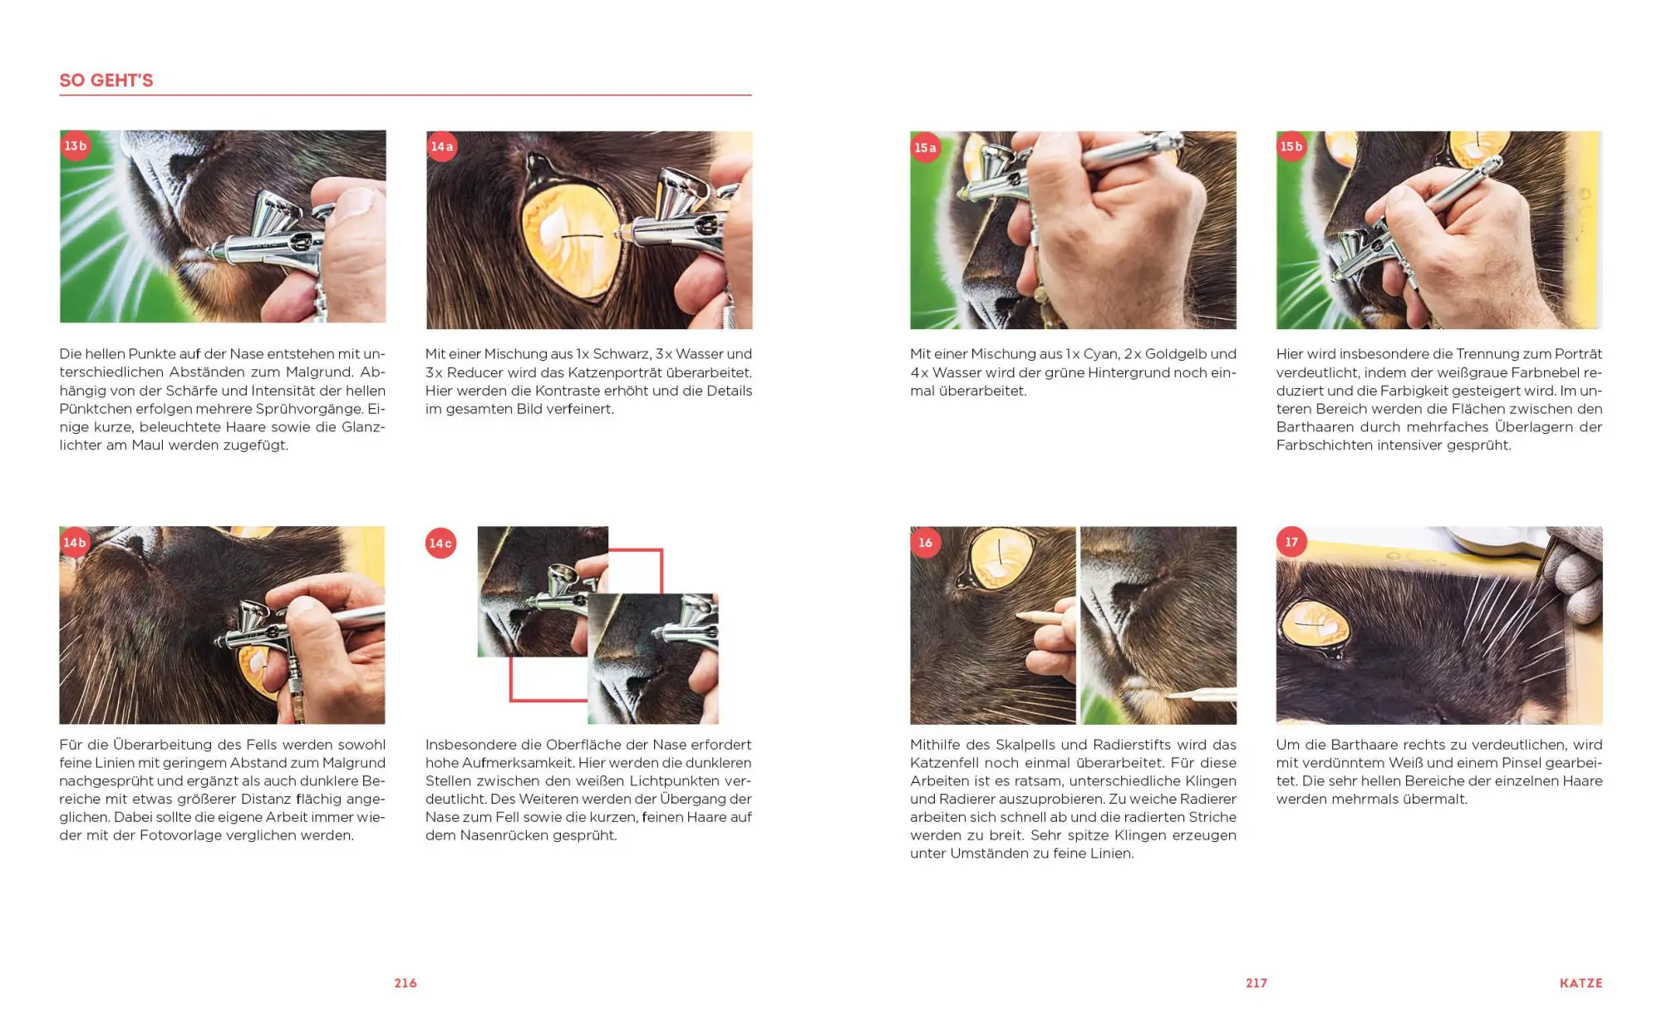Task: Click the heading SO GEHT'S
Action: (106, 81)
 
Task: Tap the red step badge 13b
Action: (76, 146)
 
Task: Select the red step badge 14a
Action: (442, 147)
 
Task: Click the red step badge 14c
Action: (440, 543)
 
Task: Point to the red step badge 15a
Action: (926, 148)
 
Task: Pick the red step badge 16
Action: (926, 543)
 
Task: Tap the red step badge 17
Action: (1291, 543)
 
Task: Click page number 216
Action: (406, 983)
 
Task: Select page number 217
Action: (1256, 983)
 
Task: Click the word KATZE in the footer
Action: (1581, 983)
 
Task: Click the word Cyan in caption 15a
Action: (1100, 354)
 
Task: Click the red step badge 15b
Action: (1291, 147)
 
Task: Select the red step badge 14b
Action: (75, 543)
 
